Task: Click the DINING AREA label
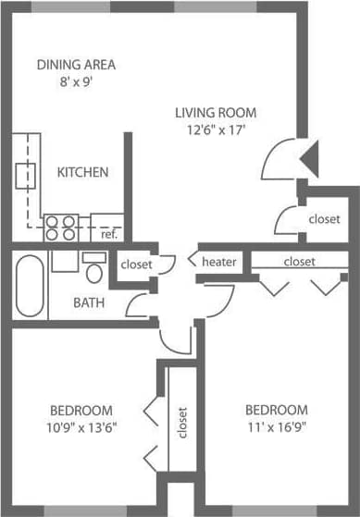coord(76,65)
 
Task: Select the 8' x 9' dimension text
coord(76,81)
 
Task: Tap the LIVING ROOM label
coord(216,113)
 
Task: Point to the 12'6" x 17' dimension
coord(216,130)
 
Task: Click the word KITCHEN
coord(83,172)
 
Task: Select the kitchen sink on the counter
coord(25,173)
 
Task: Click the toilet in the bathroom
coord(93,269)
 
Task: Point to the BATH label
coord(89,302)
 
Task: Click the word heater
coord(219,262)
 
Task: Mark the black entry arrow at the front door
coord(311,158)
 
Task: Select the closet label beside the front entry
coord(324,219)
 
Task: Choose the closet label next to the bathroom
coord(136,264)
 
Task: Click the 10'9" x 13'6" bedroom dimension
coord(81,427)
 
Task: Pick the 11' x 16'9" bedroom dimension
coord(276,427)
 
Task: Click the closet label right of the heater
coord(299,262)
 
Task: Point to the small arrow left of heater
coord(192,262)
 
